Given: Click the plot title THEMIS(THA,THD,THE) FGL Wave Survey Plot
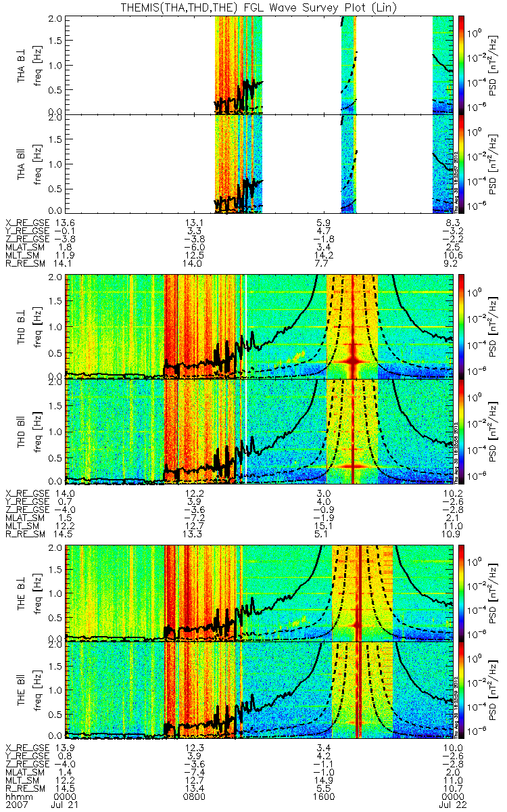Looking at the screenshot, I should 254,7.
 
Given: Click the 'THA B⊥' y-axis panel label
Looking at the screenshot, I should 22,64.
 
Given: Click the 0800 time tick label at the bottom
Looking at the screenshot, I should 195,796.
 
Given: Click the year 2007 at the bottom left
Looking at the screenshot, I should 16,805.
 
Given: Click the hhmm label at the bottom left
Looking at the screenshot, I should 16,796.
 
